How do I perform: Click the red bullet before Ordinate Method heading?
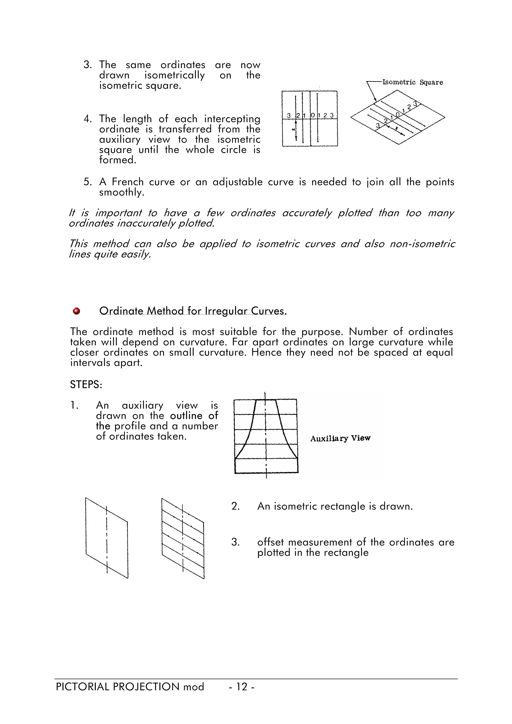[76, 311]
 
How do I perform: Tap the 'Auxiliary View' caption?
[340, 438]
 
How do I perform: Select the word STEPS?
[86, 385]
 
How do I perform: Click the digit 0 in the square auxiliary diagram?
[313, 116]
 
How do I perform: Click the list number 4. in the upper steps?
[87, 119]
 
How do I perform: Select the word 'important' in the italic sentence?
[118, 213]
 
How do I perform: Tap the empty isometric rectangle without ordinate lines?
[107, 538]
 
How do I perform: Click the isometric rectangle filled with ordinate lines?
[183, 538]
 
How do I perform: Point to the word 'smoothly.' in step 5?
[122, 192]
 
